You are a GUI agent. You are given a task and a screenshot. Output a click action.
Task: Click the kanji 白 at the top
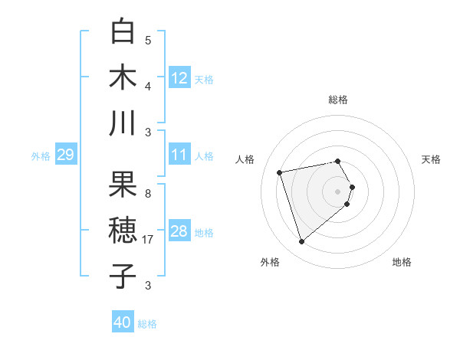click(123, 31)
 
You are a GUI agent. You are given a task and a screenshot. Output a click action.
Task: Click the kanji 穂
click(123, 230)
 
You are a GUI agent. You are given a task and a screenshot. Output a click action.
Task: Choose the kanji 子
click(123, 276)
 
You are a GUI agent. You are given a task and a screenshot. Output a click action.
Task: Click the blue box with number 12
click(179, 78)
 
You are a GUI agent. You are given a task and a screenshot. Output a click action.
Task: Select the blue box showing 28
click(179, 231)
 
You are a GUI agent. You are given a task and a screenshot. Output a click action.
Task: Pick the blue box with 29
click(65, 155)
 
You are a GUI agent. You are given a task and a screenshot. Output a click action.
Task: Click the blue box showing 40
click(123, 322)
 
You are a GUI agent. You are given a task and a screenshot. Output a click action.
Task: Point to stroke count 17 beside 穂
click(148, 240)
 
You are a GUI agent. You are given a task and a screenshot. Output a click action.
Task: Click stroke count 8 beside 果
click(148, 193)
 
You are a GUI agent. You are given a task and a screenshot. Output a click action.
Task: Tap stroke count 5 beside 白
click(148, 41)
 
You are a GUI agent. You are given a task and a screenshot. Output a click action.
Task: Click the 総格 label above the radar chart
click(338, 100)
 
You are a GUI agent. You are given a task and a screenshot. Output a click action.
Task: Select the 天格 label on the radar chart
click(432, 159)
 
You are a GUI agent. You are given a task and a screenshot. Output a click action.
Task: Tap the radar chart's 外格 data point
click(301, 242)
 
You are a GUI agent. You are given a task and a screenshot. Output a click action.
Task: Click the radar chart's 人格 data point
click(280, 172)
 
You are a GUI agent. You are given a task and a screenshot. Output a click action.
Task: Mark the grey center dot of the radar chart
click(338, 190)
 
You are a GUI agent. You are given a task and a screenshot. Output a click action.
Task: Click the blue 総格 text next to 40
click(147, 324)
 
